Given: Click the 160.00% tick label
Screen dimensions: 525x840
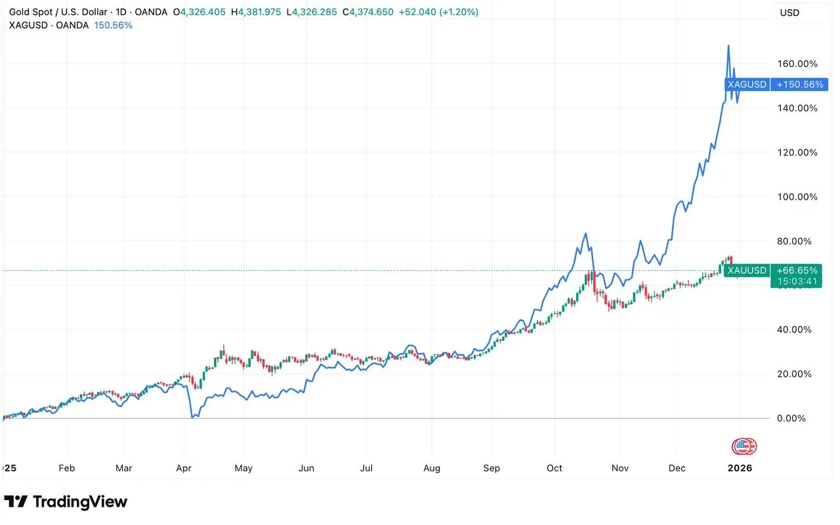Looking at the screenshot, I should [x=797, y=64].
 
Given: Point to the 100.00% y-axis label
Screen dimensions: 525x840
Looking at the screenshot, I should [x=797, y=197].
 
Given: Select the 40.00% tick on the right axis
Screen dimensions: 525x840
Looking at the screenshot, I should [x=797, y=330].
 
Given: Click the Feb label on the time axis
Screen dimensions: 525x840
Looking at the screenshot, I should [x=66, y=468].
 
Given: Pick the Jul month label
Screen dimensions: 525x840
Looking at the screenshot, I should [x=366, y=468].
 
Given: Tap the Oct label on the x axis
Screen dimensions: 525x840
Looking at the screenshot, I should [x=555, y=468].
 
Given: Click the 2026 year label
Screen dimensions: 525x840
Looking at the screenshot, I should [x=740, y=468].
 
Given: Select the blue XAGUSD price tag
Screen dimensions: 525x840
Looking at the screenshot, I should [x=747, y=85].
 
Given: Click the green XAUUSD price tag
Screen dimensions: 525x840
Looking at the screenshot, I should [x=747, y=271].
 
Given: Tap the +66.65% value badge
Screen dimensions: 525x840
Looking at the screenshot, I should [x=797, y=271].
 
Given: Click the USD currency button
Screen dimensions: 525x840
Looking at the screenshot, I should [x=789, y=12].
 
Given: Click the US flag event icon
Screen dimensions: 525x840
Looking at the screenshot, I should [x=741, y=446].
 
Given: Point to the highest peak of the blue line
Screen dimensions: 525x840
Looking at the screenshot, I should [x=728, y=46].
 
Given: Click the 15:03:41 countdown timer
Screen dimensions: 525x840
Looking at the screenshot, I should [x=797, y=282].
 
